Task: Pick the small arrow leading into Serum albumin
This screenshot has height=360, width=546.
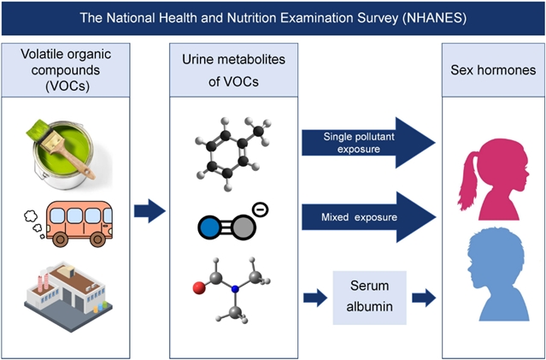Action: point(313,298)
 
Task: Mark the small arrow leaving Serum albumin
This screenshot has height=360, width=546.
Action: point(422,298)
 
